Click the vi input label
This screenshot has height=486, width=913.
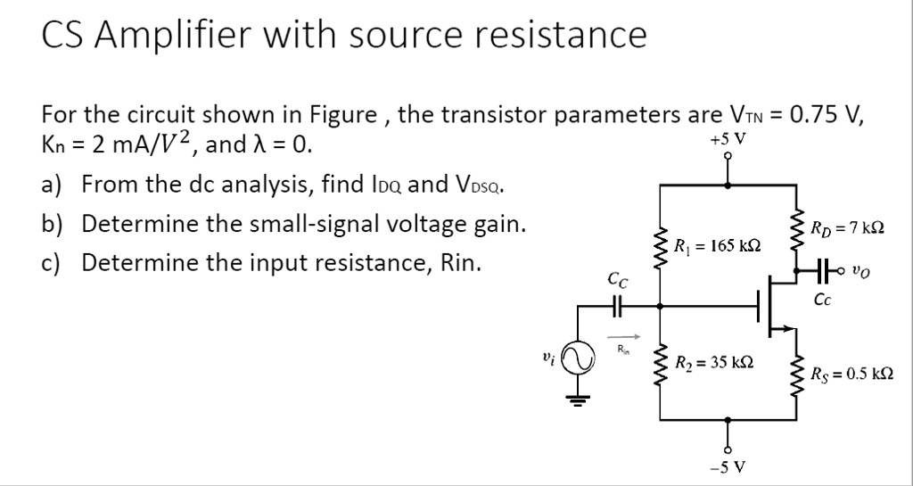[x=547, y=356]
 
